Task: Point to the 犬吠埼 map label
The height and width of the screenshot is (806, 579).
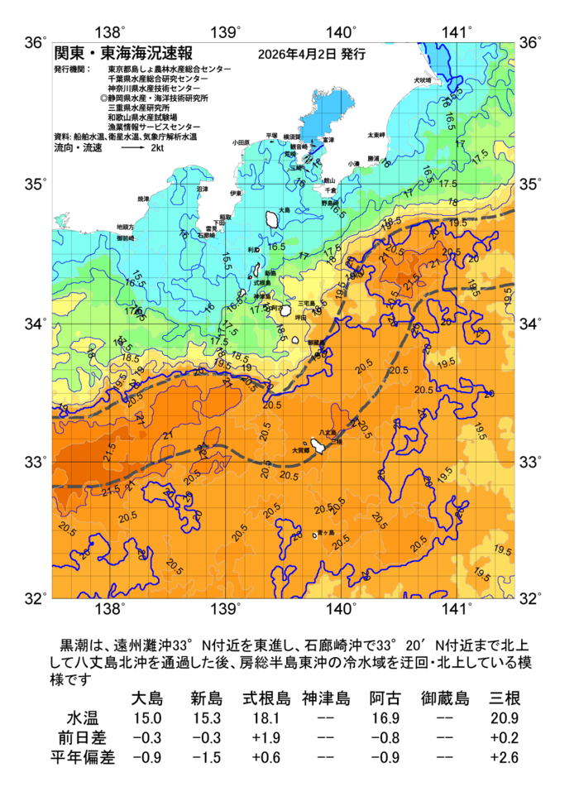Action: (x=423, y=80)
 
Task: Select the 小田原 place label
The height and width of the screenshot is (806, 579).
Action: (x=241, y=142)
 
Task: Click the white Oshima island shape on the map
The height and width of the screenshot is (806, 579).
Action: (x=271, y=220)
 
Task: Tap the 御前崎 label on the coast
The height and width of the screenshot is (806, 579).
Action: (x=126, y=238)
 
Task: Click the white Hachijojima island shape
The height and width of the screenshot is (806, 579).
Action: (x=318, y=447)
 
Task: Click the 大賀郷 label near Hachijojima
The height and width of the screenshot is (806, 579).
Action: (x=300, y=451)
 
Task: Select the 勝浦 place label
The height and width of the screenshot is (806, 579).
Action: (x=373, y=158)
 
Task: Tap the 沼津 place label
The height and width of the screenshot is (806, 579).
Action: (x=203, y=190)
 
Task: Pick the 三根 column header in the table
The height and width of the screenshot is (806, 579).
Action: (x=505, y=698)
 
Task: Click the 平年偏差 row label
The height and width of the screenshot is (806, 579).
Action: (x=86, y=756)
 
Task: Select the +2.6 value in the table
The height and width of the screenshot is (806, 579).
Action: (x=505, y=756)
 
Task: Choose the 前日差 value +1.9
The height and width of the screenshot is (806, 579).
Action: (x=266, y=736)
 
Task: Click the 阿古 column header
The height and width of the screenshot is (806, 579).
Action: (x=385, y=698)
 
